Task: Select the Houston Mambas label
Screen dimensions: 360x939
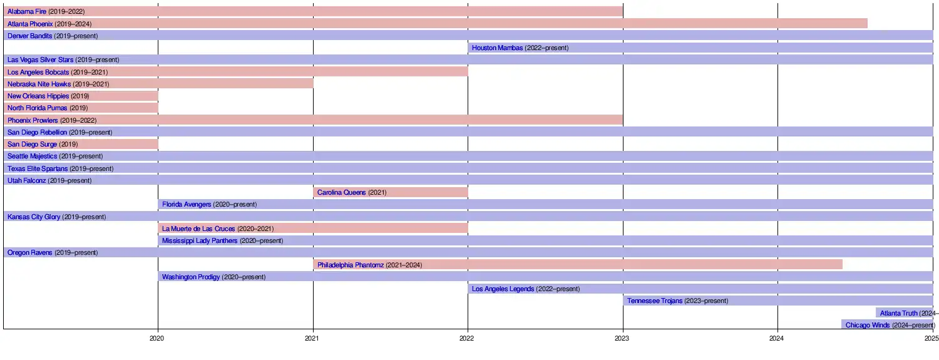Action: (x=497, y=48)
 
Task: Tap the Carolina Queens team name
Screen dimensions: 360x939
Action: (x=341, y=192)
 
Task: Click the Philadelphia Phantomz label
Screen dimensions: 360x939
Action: (x=351, y=265)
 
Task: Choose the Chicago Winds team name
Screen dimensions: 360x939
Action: (x=867, y=325)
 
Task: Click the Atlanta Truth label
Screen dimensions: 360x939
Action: (x=898, y=313)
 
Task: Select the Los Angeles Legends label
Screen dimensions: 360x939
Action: (x=503, y=289)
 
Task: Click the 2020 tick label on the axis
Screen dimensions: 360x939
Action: (x=157, y=338)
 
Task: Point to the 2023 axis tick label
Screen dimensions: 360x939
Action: (x=622, y=338)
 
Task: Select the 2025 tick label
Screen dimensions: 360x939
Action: (x=931, y=338)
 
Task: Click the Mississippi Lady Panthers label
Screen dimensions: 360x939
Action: (x=200, y=241)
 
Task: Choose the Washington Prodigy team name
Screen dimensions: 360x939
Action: (x=191, y=277)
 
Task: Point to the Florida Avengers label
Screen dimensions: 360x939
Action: (x=187, y=205)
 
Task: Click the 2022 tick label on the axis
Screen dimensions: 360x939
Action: (x=467, y=338)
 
